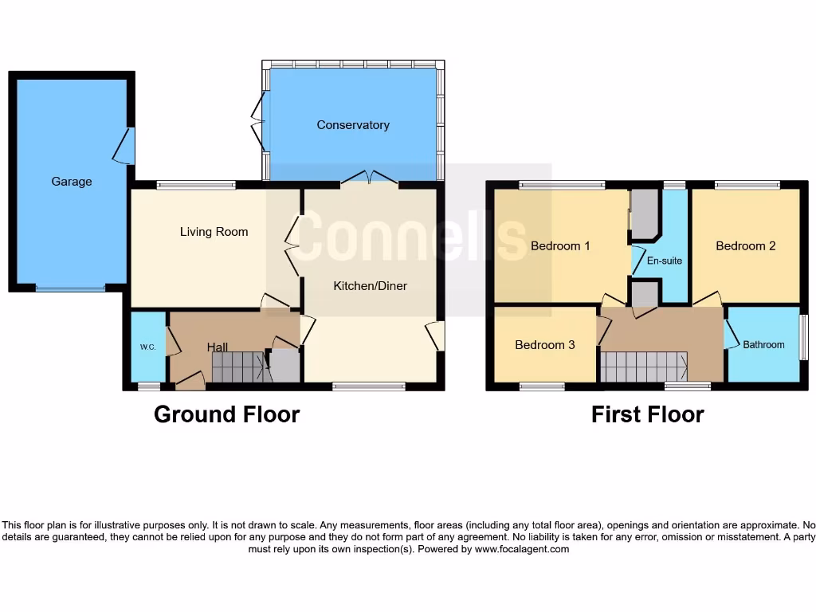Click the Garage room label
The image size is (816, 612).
[72, 182]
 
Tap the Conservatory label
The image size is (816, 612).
[353, 125]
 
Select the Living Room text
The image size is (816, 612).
[214, 232]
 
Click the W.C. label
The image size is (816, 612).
[147, 347]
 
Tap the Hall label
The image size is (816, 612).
[217, 347]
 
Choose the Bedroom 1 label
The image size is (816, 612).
[560, 245]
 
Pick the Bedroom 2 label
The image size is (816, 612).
[745, 245]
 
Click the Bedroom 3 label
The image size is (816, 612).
[544, 345]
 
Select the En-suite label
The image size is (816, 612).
[664, 261]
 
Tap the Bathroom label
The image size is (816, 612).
[763, 345]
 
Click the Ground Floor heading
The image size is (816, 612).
[226, 414]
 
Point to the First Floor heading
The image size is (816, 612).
[647, 414]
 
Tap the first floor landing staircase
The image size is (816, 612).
[643, 367]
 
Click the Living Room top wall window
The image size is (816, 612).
[196, 186]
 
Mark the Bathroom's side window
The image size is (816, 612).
[803, 337]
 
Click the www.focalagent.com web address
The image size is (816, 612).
[522, 549]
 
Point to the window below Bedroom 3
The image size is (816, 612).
[542, 386]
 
